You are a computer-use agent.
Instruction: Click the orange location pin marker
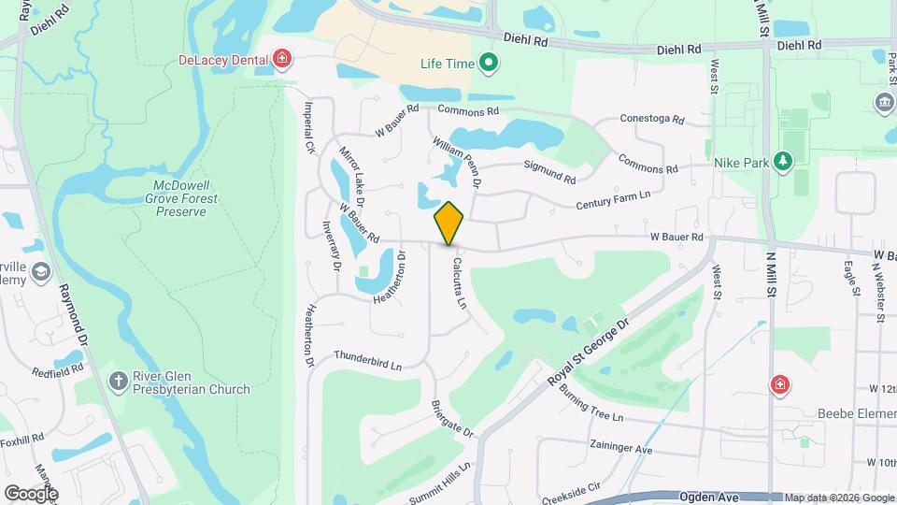(449, 224)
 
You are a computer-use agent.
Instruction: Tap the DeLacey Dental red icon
(282, 61)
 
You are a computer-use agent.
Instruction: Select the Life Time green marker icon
(488, 65)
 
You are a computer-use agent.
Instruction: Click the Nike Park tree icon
(783, 162)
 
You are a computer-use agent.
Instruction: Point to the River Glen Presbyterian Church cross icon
(118, 381)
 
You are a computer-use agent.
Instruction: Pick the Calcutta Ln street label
(460, 283)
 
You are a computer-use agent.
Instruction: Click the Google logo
(30, 493)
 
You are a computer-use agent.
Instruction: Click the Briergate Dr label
(453, 421)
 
